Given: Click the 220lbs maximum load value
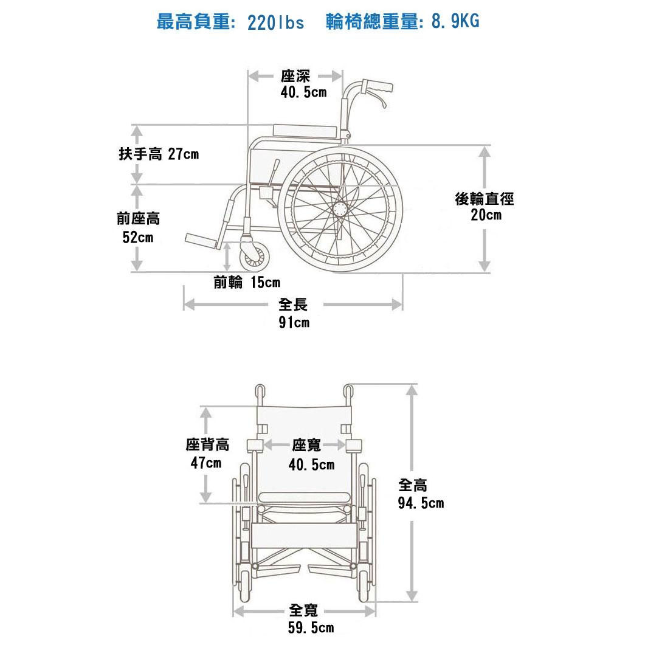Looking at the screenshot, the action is [275, 22].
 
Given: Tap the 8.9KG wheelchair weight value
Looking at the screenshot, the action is [455, 21].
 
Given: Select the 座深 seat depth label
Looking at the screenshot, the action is [295, 76].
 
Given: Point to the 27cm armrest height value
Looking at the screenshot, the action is [184, 154].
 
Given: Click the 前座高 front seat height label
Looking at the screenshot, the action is [138, 218].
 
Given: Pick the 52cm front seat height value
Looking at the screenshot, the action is [138, 237].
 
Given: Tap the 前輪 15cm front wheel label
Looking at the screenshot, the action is [247, 283].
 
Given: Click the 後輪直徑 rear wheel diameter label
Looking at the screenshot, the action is [484, 199].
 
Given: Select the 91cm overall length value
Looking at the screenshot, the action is [294, 322].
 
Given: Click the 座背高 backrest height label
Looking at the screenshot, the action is [207, 444].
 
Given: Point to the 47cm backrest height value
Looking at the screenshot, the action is [205, 463].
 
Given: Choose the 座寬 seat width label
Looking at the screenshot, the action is [306, 445].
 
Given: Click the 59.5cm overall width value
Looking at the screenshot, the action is [311, 628].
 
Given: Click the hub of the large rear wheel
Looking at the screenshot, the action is [340, 209].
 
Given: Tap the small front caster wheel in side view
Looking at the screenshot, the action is [255, 258].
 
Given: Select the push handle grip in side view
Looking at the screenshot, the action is [377, 87].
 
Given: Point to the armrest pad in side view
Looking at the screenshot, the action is [305, 131].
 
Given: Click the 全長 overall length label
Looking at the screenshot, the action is [293, 305].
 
